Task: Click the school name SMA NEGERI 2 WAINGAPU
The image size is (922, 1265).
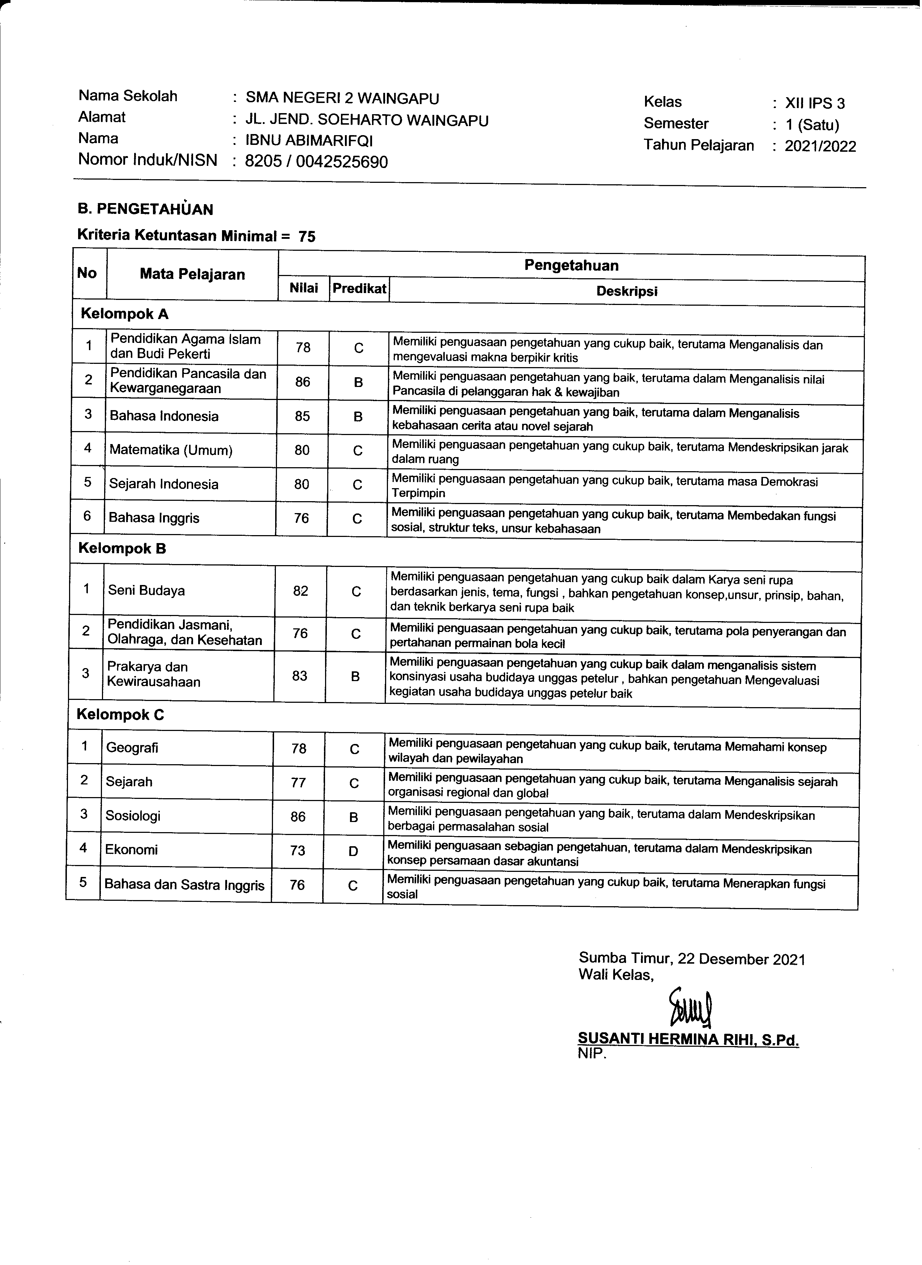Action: click(343, 99)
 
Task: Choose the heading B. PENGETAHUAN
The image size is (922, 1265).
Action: click(146, 210)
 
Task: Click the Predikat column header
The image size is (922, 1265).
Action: click(359, 289)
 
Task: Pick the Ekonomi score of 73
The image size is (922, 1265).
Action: click(298, 850)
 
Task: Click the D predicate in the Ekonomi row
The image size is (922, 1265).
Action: click(353, 851)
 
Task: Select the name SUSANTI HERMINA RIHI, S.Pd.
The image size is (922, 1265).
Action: click(688, 1039)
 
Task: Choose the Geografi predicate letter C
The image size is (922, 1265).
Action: click(354, 749)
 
